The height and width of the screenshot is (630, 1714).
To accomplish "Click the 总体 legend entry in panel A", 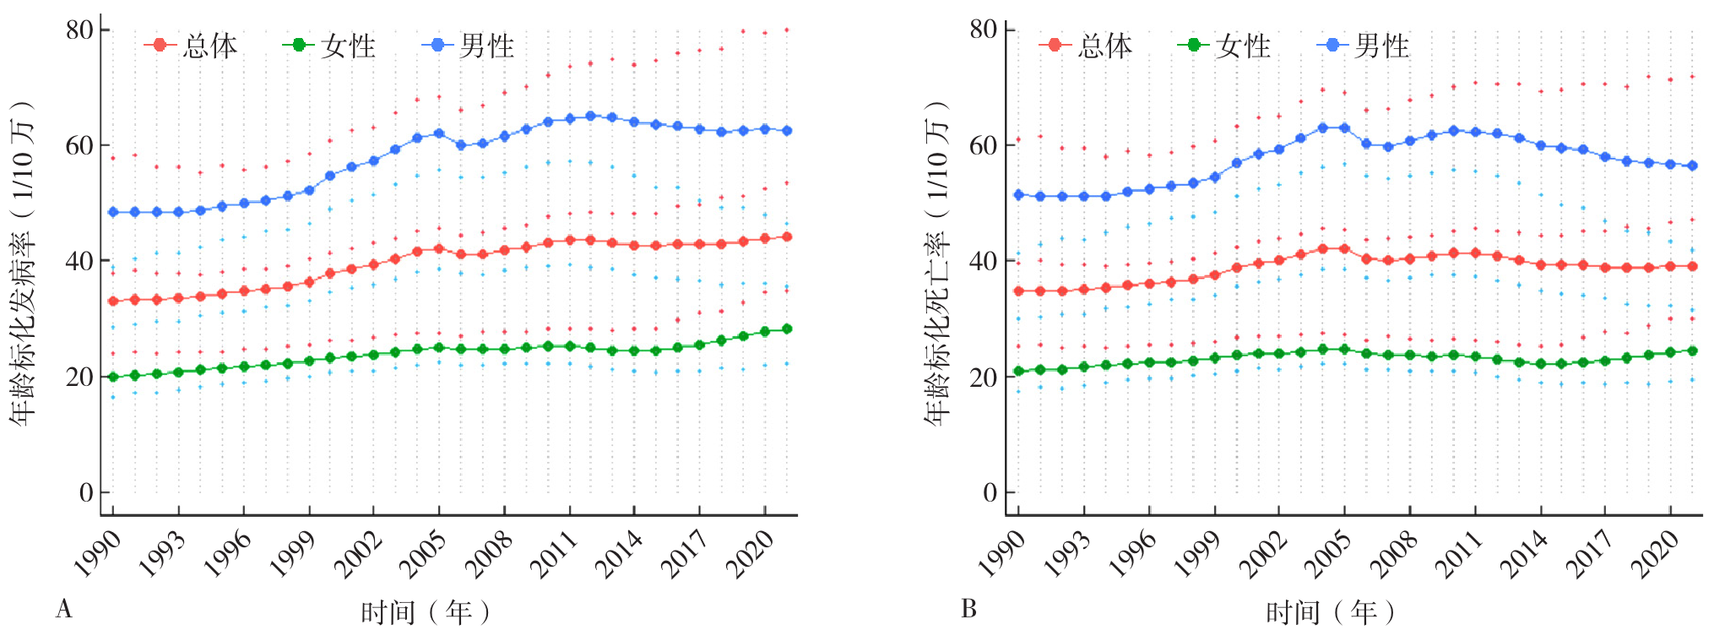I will (x=192, y=46).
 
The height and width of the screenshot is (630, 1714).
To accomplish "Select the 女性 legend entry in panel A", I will (x=330, y=46).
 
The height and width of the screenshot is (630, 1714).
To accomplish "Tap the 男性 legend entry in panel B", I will (x=1364, y=46).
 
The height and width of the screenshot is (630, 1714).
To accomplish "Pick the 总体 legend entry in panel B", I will (x=1087, y=46).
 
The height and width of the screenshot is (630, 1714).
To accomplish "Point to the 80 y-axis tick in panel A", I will (x=79, y=30).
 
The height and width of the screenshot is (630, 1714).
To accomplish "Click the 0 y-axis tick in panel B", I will (x=990, y=492).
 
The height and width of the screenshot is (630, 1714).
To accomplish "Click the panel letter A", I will (x=63, y=609).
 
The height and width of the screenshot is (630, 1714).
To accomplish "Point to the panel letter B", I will (x=968, y=609).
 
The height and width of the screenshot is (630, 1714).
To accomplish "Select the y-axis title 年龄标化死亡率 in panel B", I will (x=936, y=262).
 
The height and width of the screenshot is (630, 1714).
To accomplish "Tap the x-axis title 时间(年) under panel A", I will (x=425, y=611).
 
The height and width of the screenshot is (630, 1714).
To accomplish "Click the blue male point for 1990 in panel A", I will (x=113, y=212).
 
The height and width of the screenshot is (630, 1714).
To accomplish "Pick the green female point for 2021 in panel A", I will (x=787, y=329).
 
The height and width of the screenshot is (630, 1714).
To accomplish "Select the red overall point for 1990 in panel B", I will (x=1018, y=291).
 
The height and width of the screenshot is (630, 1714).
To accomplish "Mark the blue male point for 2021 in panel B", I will (x=1692, y=166).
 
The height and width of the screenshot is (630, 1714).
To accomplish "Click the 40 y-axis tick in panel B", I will (x=983, y=261).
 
